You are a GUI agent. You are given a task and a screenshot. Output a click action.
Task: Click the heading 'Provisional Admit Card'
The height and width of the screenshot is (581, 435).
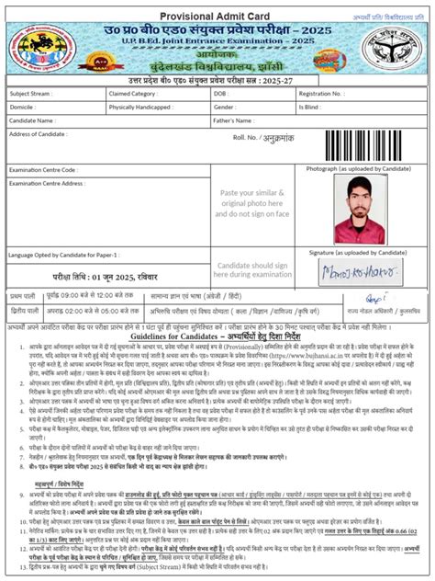click(x=217, y=14)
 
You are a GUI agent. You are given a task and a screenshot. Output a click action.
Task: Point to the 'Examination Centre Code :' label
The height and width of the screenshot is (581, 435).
click(x=43, y=170)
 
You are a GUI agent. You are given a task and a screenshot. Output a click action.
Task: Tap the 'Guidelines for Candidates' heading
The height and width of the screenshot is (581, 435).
click(x=217, y=336)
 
